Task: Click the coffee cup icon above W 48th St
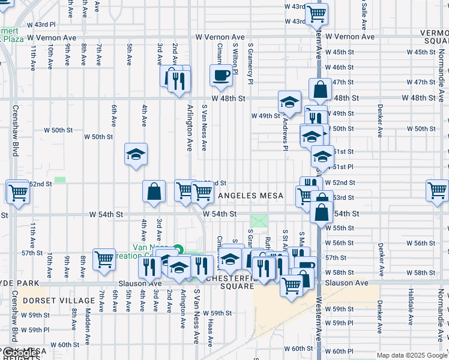(x=221, y=76)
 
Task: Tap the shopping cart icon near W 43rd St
(x=316, y=13)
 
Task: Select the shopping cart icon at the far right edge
(x=438, y=191)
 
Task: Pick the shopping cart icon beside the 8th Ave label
(x=104, y=259)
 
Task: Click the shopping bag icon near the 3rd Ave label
(x=154, y=191)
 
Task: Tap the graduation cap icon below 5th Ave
(x=136, y=154)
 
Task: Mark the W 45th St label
(x=421, y=52)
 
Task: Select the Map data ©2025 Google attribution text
(x=411, y=355)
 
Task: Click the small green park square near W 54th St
(x=259, y=221)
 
